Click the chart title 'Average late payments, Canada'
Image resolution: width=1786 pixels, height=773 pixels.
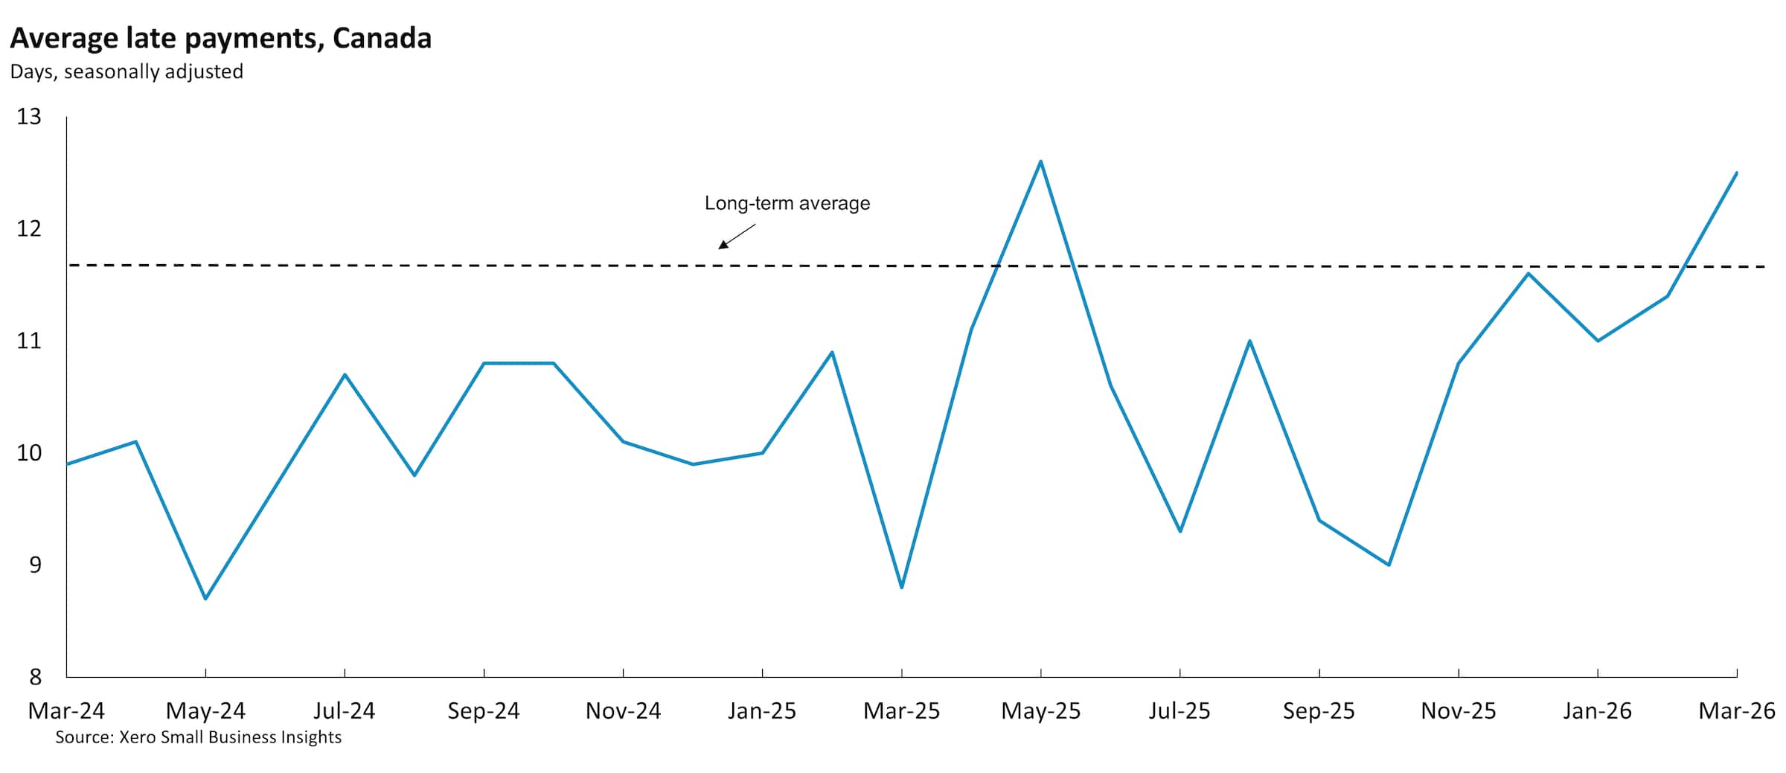click(x=220, y=39)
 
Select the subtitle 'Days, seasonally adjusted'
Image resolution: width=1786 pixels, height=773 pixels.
click(x=127, y=72)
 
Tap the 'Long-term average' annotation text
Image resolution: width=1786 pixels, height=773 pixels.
click(x=787, y=203)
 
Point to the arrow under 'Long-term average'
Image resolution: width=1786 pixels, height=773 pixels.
click(x=736, y=236)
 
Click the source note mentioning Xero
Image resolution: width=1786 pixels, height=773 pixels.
click(x=198, y=737)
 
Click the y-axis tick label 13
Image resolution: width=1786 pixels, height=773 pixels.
click(x=29, y=117)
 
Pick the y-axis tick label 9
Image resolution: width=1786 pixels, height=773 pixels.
click(x=35, y=565)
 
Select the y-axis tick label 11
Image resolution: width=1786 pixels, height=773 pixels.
click(x=29, y=341)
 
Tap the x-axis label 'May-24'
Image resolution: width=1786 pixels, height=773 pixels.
click(x=205, y=711)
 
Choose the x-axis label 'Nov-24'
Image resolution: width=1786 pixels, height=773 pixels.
click(x=623, y=711)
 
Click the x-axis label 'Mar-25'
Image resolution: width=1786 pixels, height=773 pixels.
click(x=901, y=711)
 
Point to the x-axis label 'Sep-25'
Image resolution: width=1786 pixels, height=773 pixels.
click(x=1319, y=711)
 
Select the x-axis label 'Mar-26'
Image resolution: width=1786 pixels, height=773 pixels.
click(x=1736, y=711)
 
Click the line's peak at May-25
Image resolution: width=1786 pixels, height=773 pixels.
click(x=1040, y=161)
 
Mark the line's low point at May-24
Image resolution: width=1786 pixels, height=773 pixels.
click(x=205, y=598)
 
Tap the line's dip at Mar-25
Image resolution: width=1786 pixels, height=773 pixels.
click(x=902, y=588)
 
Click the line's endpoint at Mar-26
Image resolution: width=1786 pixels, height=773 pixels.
click(x=1736, y=173)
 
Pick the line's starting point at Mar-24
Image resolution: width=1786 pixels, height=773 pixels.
click(x=68, y=464)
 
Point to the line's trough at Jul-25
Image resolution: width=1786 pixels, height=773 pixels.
click(x=1180, y=531)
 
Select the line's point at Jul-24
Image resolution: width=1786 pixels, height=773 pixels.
click(x=345, y=374)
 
